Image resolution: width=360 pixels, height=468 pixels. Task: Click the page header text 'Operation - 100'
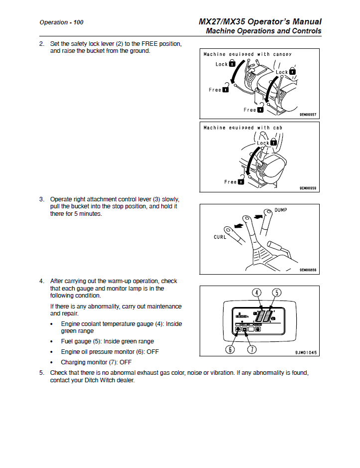coord(61,22)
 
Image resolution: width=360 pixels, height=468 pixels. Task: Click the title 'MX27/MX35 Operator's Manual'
coord(259,21)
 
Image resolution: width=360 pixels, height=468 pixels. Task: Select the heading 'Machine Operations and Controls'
coord(263,31)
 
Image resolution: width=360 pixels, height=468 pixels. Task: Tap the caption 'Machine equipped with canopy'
coord(247,54)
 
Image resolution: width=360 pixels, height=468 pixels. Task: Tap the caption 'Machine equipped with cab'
coord(242,128)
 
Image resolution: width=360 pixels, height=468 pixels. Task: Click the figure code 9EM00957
coord(308,115)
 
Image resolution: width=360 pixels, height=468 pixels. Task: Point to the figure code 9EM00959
coord(308,188)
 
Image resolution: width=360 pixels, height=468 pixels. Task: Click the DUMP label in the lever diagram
coord(281,210)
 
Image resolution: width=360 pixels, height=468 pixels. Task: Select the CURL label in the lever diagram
coord(220,237)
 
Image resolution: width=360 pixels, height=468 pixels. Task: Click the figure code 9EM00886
coord(308,270)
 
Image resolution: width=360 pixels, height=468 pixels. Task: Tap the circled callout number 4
coord(256,293)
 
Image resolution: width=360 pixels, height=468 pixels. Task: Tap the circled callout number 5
coord(276,293)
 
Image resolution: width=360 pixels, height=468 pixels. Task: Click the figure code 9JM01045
coord(306,352)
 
